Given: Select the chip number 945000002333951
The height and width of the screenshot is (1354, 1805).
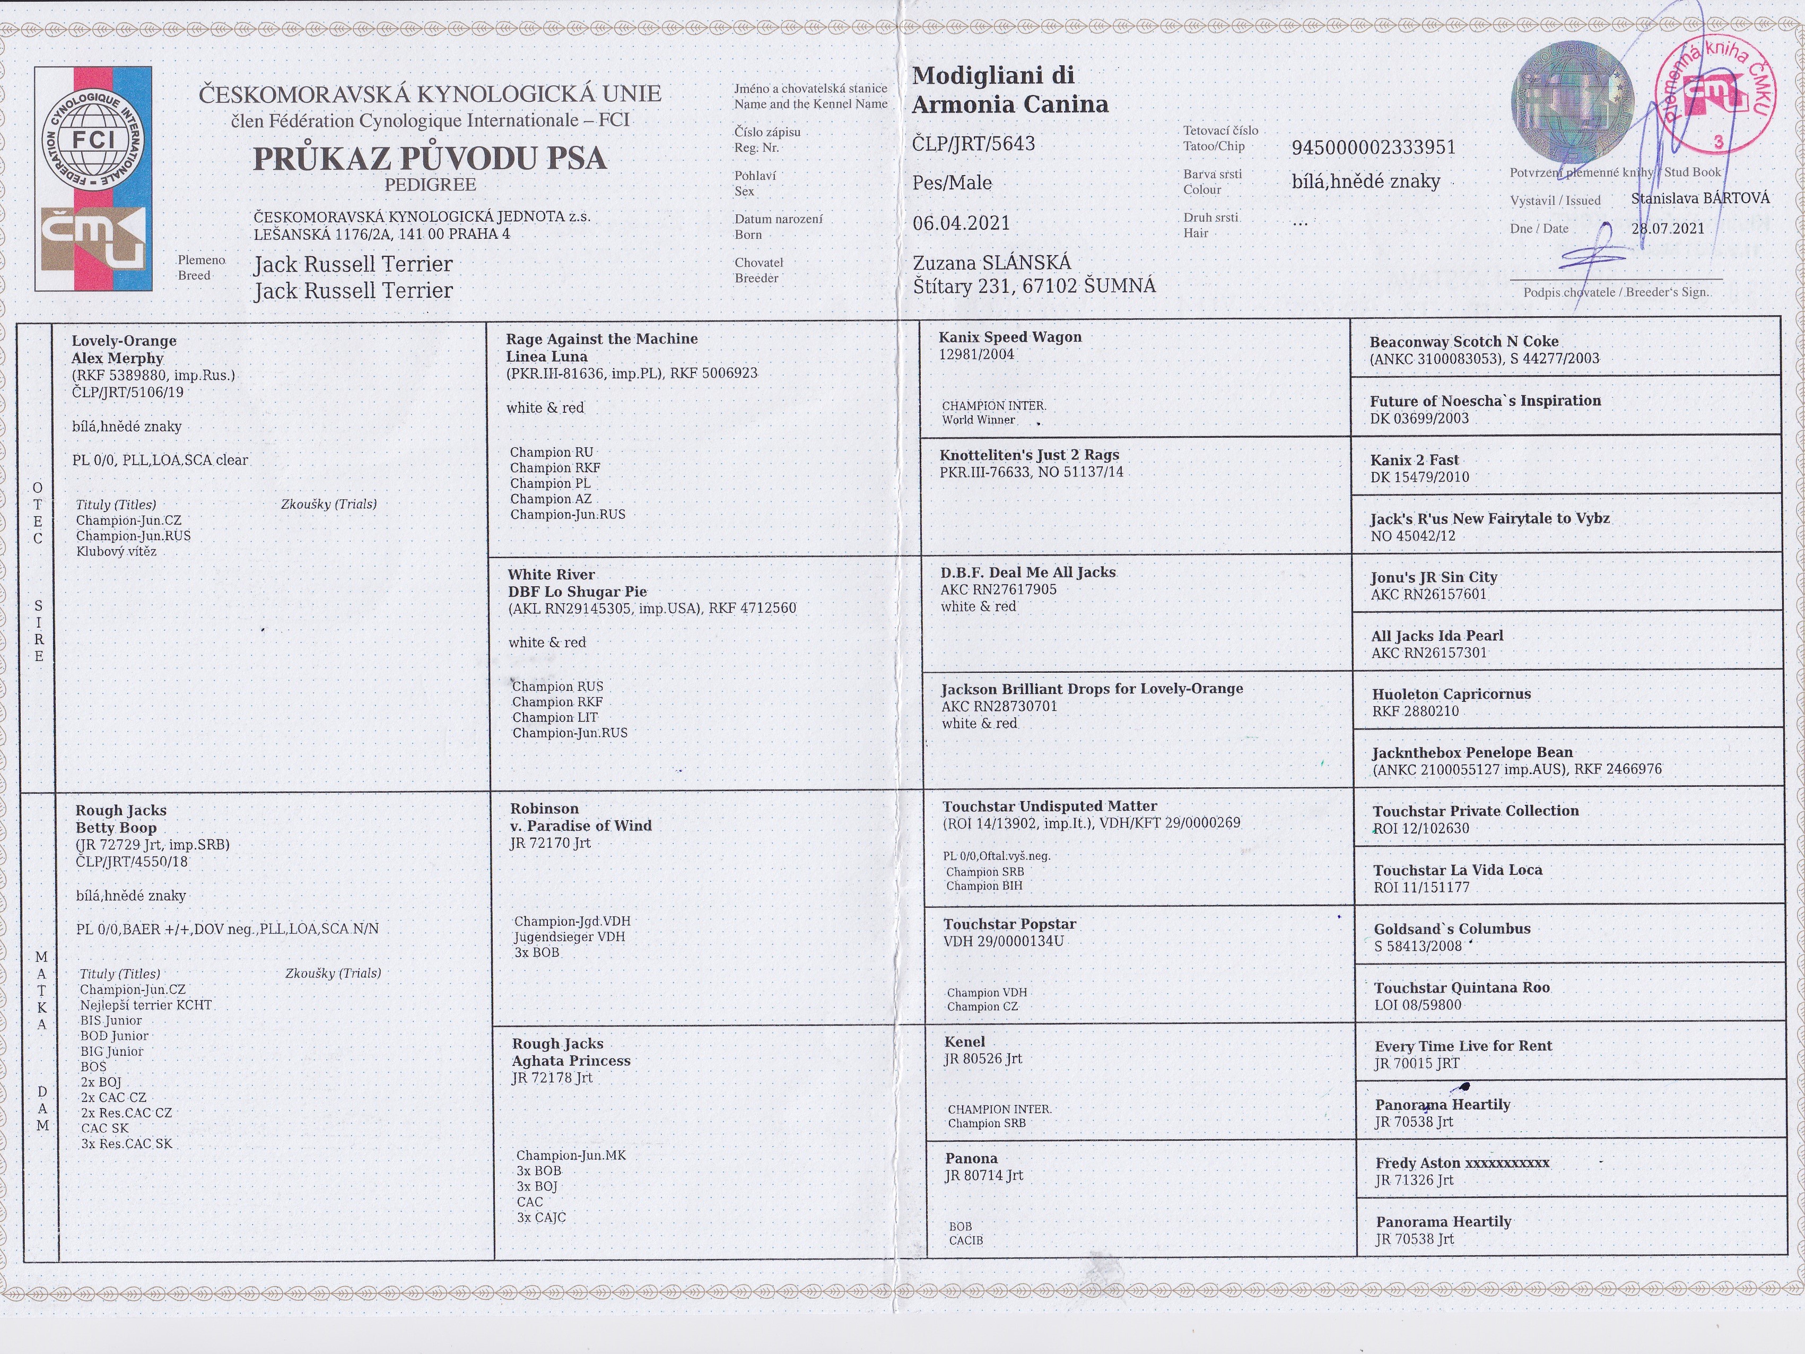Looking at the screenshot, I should pos(1373,147).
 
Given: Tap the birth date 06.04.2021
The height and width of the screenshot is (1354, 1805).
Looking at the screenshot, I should pos(961,223).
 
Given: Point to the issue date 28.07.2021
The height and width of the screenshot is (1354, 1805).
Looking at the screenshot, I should pos(1668,229).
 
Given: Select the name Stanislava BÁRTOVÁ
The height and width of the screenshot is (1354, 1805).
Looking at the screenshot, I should pos(1701,198).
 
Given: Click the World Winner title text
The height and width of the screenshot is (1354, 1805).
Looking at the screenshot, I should pos(979,420).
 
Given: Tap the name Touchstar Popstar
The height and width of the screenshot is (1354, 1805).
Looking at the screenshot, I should pos(1009,924).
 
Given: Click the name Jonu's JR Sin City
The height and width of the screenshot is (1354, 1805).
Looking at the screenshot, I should pos(1434,577).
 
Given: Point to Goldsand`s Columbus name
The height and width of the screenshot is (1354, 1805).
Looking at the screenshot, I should pos(1452,929).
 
